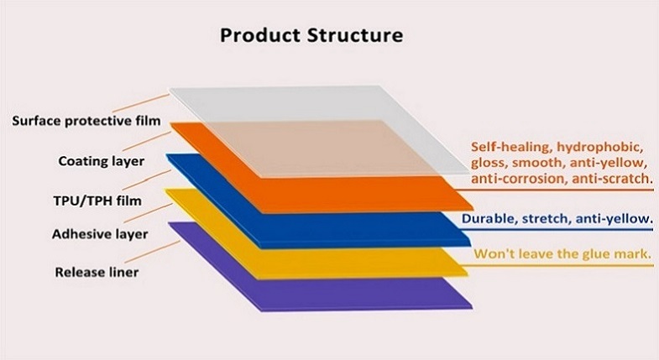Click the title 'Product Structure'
(x=311, y=36)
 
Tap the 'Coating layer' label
(x=101, y=160)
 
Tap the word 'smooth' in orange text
(x=536, y=162)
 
